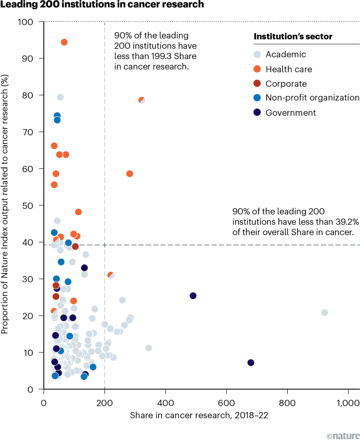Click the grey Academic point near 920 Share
(x=324, y=313)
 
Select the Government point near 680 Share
(x=251, y=362)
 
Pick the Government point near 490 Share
(x=193, y=295)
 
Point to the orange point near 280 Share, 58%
(x=130, y=173)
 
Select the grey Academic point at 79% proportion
(x=60, y=98)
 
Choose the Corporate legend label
(x=286, y=84)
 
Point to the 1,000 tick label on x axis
(x=347, y=403)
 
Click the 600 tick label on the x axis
(x=227, y=403)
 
